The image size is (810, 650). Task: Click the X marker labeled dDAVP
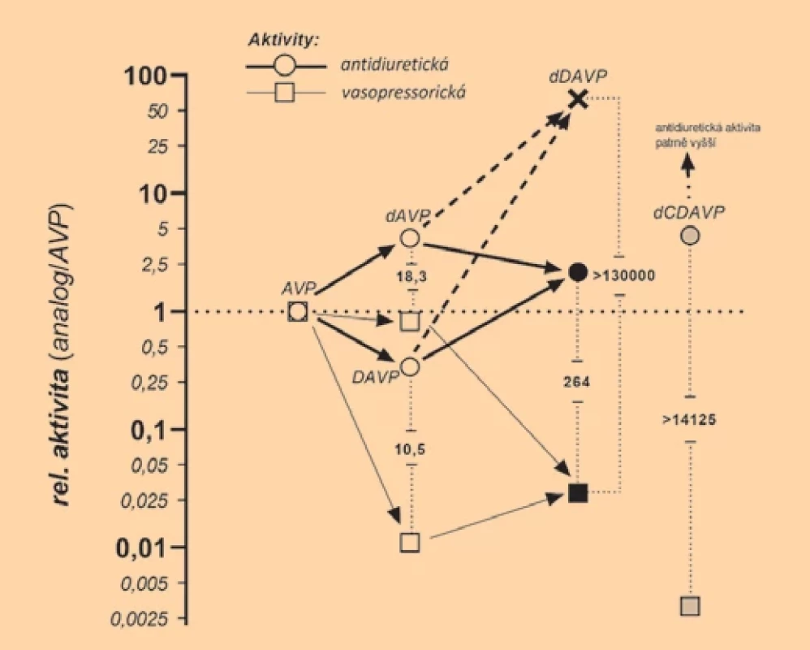[578, 98]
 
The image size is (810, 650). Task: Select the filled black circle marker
[578, 272]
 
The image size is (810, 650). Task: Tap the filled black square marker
[578, 493]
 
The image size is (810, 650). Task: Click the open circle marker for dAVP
[410, 238]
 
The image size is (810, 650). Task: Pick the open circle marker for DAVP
[410, 366]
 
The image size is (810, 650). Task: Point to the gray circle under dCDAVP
[690, 236]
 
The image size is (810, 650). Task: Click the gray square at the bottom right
[690, 605]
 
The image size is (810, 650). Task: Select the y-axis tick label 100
[145, 76]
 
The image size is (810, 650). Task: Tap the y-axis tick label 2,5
[155, 264]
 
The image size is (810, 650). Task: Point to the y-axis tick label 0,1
[150, 431]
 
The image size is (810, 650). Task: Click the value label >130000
[624, 275]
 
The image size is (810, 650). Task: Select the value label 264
[576, 382]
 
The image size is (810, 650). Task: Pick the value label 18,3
[411, 276]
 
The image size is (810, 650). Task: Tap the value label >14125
[689, 419]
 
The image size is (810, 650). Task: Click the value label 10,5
[410, 449]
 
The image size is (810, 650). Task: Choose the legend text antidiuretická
[394, 64]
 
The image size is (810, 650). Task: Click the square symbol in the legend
[285, 93]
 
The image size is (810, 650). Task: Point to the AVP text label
[298, 288]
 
